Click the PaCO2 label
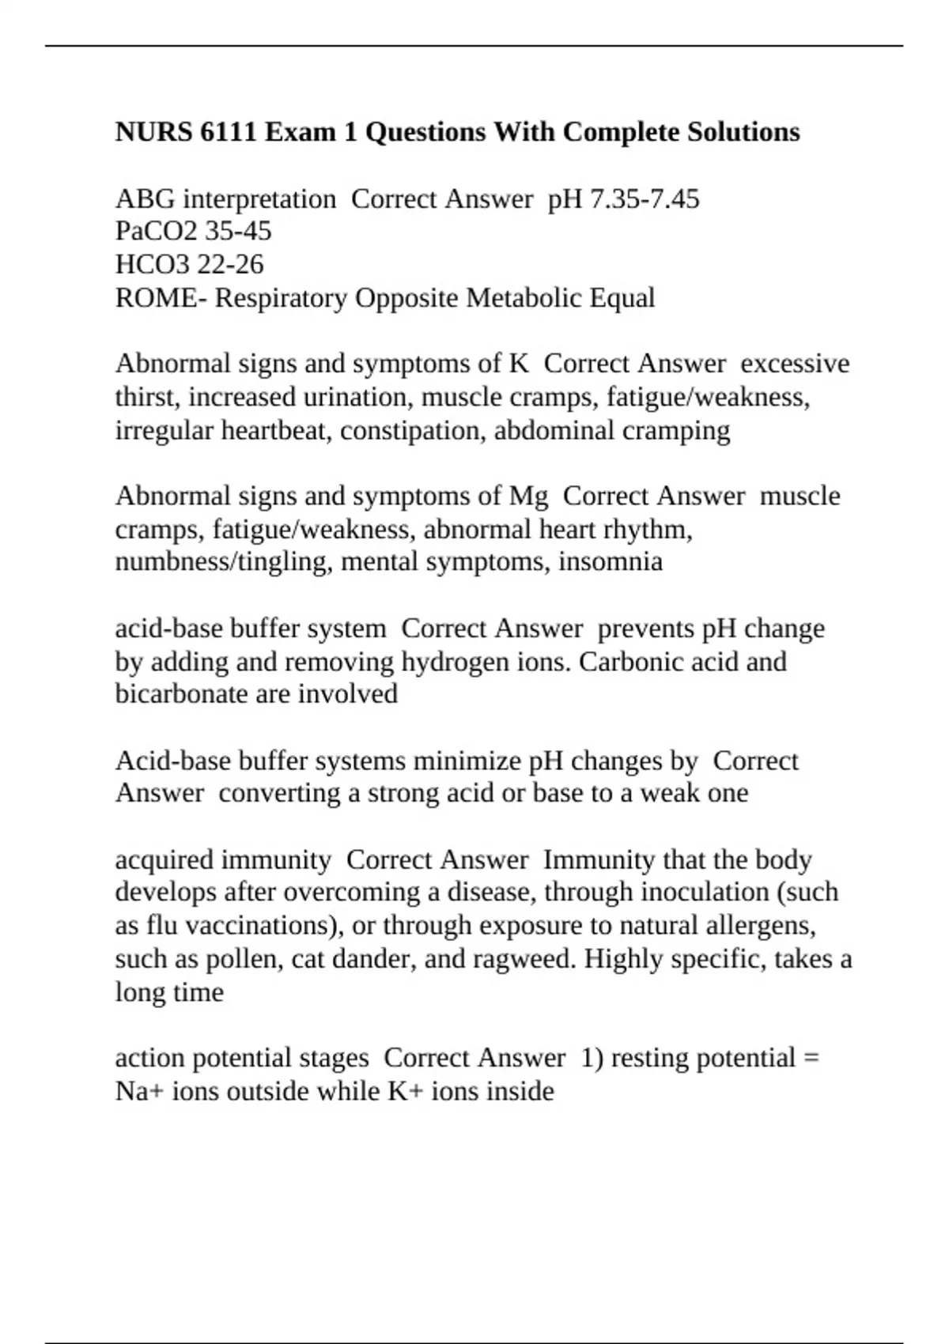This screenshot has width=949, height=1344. [157, 231]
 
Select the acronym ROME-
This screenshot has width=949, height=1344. [161, 298]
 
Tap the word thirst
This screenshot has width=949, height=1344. [146, 396]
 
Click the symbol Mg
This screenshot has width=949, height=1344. [528, 496]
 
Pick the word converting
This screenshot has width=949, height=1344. [279, 793]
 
